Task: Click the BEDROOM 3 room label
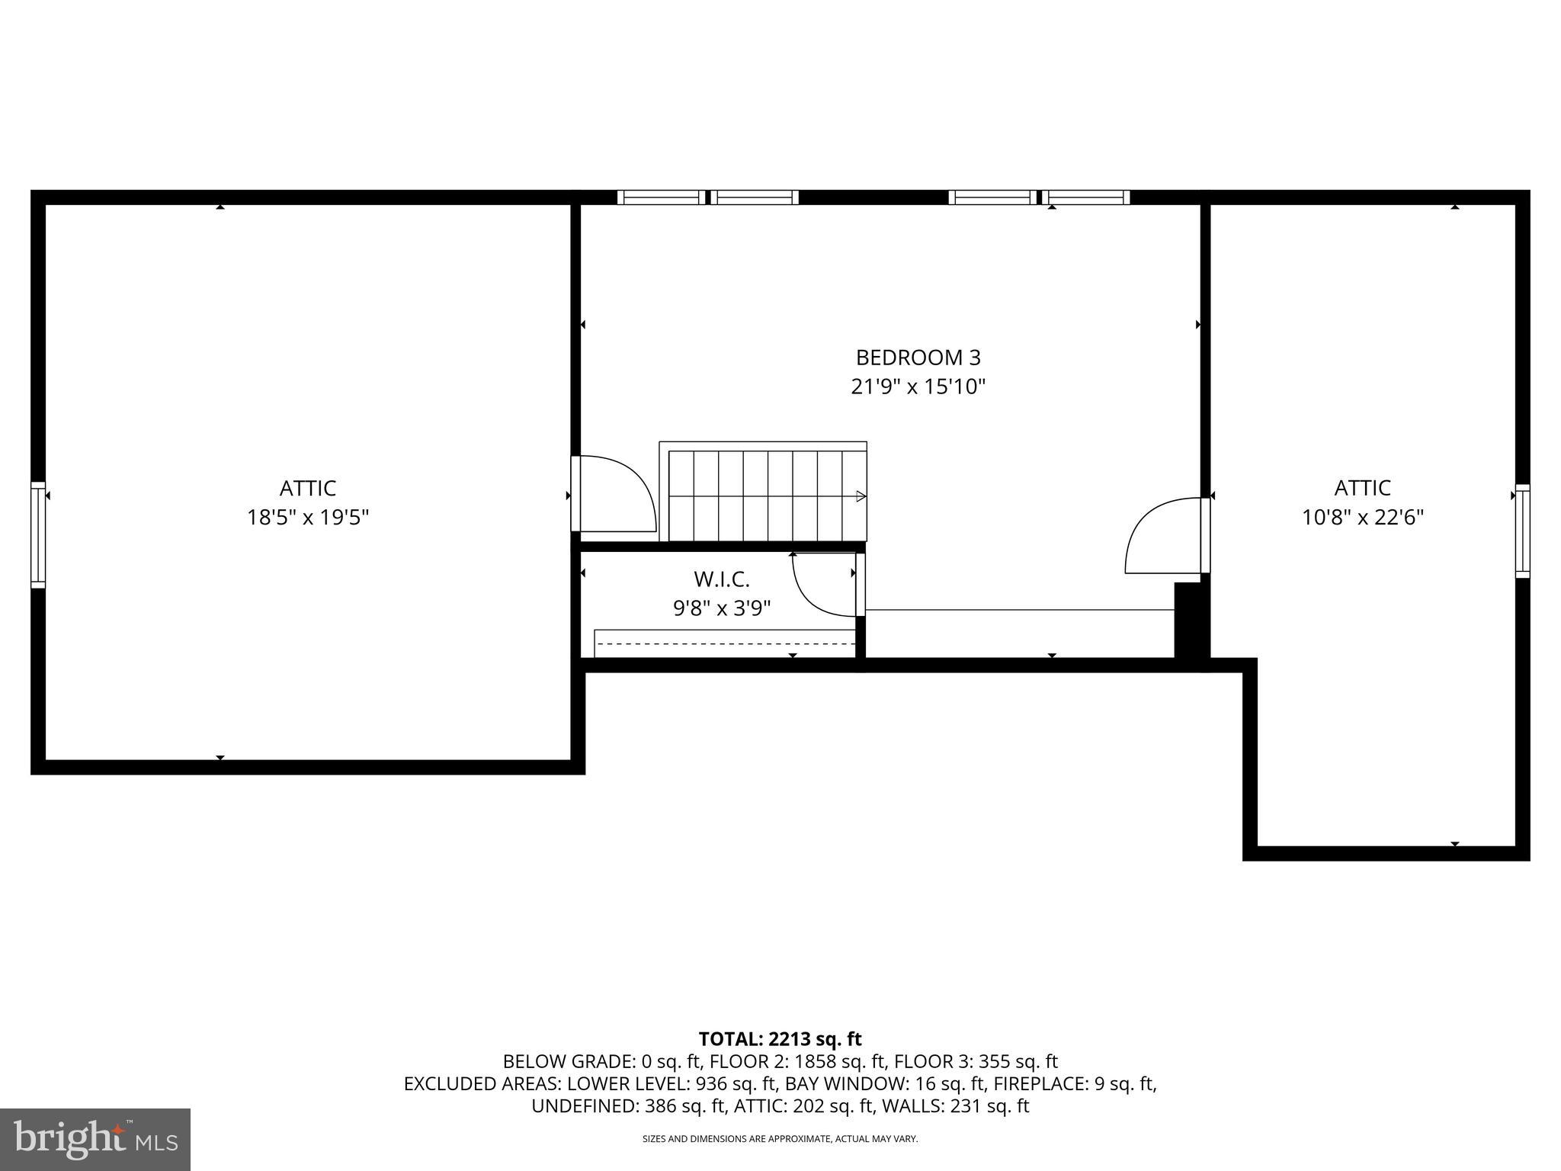(918, 358)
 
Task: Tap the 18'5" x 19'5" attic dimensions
(308, 518)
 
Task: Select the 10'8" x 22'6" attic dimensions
(1363, 518)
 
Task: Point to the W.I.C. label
(721, 579)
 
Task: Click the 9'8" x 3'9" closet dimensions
(721, 608)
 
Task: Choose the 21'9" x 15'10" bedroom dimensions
(918, 387)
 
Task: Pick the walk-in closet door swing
(823, 584)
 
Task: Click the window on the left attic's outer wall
(38, 535)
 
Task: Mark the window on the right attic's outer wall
(1522, 531)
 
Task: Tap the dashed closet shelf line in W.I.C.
(724, 644)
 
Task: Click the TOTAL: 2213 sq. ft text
(780, 1039)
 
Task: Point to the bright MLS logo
(95, 1140)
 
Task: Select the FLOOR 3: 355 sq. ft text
(976, 1061)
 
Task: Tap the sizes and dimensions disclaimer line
(780, 1139)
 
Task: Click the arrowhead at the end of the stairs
(861, 496)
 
